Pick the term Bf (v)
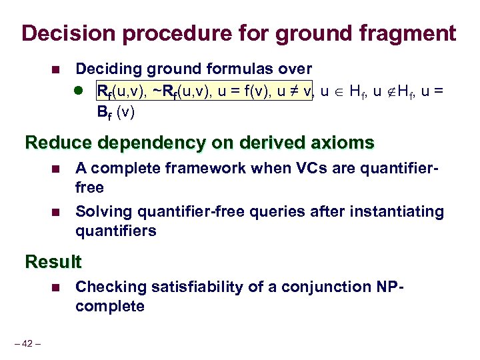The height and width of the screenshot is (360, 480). [116, 112]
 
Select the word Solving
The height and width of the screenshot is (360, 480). [102, 212]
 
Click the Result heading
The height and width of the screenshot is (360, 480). [53, 262]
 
